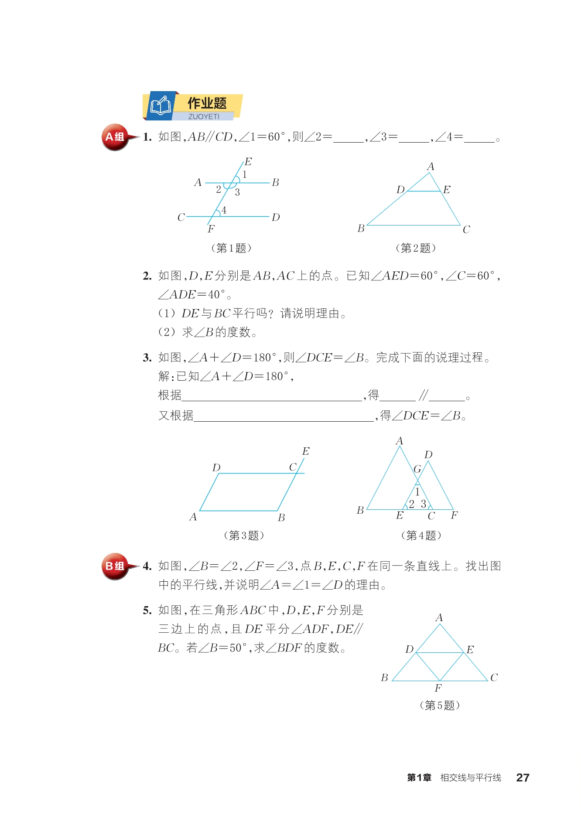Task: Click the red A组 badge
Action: (x=115, y=137)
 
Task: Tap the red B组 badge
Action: (x=115, y=566)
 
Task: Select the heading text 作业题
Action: (x=207, y=103)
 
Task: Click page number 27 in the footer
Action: (x=523, y=777)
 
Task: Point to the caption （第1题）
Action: (x=231, y=248)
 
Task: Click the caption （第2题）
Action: (x=415, y=248)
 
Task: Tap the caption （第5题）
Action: (x=440, y=705)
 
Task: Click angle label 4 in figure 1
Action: (x=224, y=210)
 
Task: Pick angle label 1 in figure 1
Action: (x=245, y=174)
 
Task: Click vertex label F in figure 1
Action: (x=211, y=229)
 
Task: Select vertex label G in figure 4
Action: (x=417, y=469)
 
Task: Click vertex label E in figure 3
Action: (x=306, y=451)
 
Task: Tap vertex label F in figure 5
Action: (x=438, y=688)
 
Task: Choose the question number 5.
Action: (x=147, y=611)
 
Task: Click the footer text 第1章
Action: (x=419, y=777)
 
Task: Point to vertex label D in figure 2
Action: (x=400, y=189)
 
